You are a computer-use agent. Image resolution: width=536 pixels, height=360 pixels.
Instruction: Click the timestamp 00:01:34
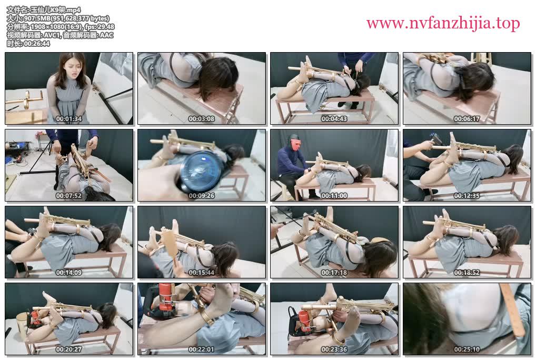click(x=68, y=119)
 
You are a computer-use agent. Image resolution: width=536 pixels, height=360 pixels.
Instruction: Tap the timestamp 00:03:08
click(x=201, y=119)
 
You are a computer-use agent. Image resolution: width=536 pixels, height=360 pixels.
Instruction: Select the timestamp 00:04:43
click(x=334, y=119)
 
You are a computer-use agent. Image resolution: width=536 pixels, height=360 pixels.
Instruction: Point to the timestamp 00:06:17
click(x=466, y=119)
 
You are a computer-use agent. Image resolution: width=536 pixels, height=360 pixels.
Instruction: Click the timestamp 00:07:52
click(x=68, y=196)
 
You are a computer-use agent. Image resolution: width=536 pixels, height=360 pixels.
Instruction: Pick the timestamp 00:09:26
click(x=201, y=196)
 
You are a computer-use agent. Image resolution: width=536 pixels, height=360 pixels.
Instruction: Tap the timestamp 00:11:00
click(x=334, y=196)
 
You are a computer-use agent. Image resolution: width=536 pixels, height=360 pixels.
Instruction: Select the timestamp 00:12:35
click(x=466, y=196)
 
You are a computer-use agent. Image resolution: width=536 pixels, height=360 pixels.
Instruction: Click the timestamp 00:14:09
click(x=68, y=273)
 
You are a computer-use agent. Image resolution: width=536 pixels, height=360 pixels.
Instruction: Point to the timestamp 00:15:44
click(x=201, y=273)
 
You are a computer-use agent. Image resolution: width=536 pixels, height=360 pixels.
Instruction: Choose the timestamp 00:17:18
click(x=334, y=273)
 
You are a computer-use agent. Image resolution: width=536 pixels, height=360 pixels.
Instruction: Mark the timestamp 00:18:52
click(x=466, y=273)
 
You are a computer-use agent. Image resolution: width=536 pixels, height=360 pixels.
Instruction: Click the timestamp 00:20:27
click(x=68, y=349)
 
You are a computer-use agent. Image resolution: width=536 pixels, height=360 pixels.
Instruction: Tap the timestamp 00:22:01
click(x=201, y=349)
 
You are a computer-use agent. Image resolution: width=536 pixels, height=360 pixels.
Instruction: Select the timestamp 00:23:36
click(x=334, y=349)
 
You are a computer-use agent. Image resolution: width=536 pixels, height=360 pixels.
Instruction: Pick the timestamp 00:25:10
click(x=466, y=349)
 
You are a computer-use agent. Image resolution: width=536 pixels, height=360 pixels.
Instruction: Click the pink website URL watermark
click(x=443, y=23)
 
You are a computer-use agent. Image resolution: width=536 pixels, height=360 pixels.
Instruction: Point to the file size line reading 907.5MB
click(x=58, y=18)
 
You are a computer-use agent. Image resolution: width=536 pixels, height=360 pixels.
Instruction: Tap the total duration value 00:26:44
click(x=37, y=44)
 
